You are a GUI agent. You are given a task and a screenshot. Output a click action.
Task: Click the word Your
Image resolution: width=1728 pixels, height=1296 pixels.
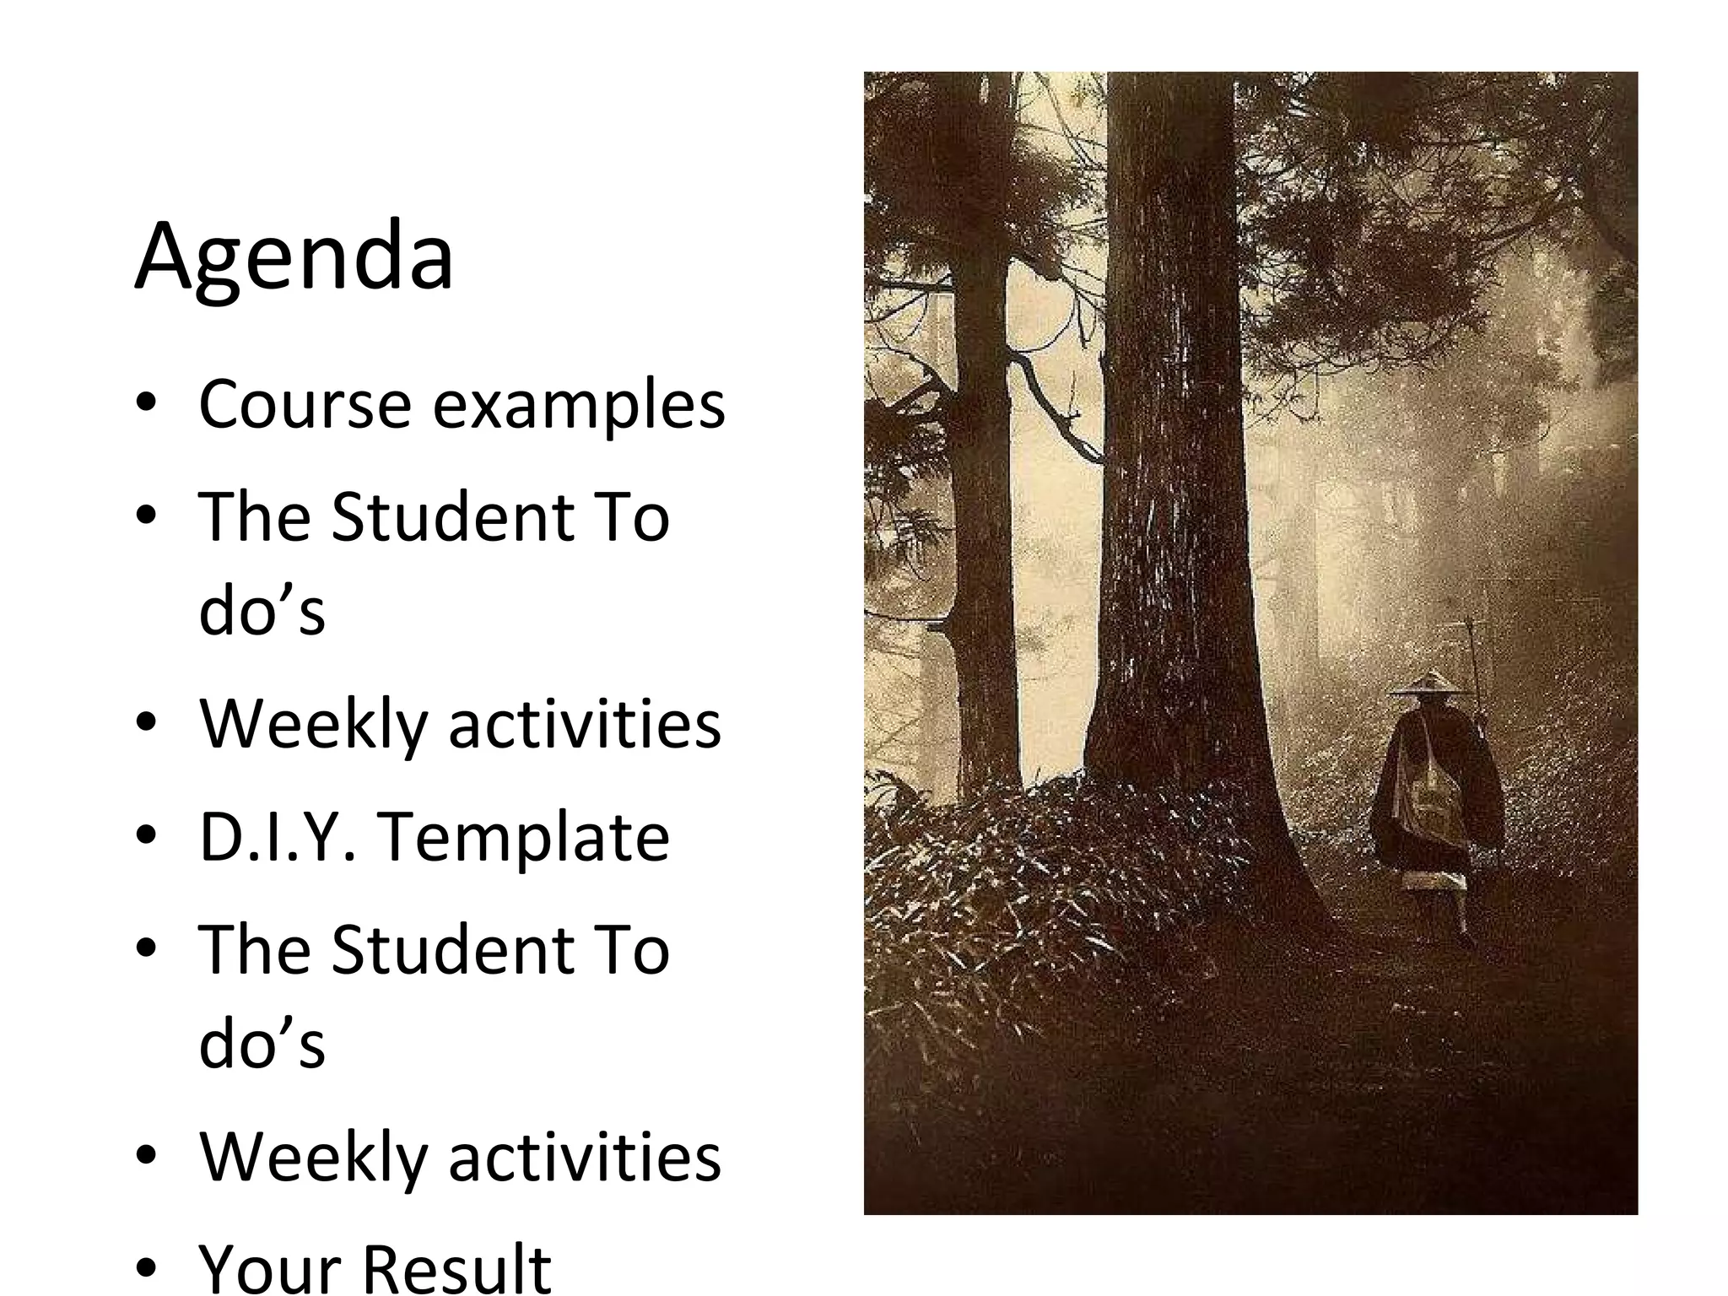coord(268,1269)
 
